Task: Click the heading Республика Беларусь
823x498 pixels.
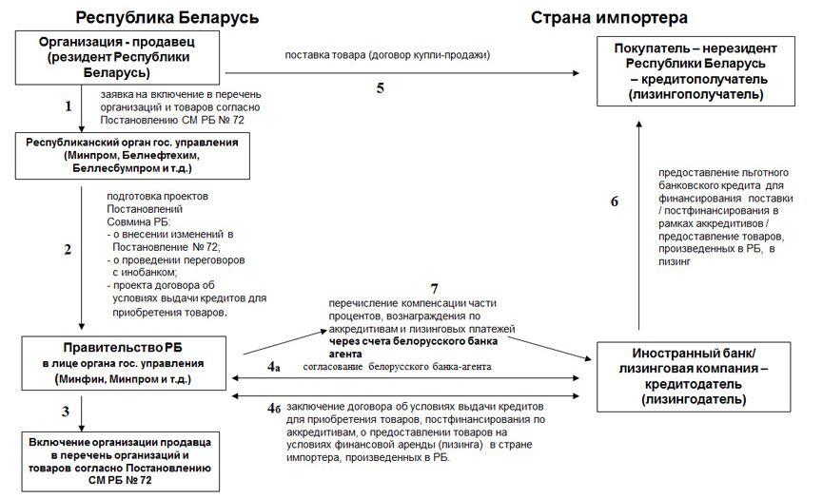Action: pos(166,17)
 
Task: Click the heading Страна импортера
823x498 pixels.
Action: pos(609,17)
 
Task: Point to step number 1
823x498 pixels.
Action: pos(69,106)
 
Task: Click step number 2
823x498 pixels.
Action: pos(69,251)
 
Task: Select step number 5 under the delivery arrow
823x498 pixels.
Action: pos(381,88)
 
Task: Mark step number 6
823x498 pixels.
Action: pos(615,201)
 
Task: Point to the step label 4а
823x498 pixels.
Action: pos(275,366)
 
